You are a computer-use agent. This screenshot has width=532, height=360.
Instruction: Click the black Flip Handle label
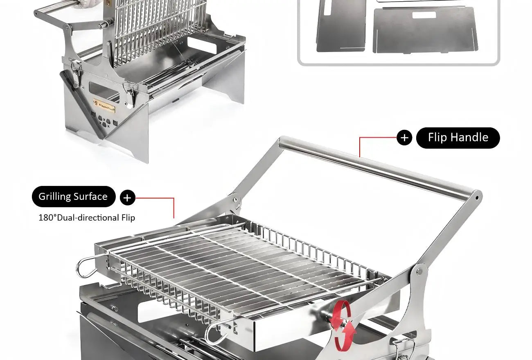(x=458, y=138)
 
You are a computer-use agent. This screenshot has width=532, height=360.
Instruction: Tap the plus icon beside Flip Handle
(x=404, y=138)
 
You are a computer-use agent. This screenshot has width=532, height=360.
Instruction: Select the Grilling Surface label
(x=73, y=197)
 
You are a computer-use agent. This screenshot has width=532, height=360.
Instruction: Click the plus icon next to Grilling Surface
(x=127, y=198)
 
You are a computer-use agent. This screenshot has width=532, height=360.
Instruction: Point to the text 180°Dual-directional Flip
(x=86, y=217)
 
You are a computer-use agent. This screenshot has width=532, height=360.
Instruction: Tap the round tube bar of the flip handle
(x=376, y=168)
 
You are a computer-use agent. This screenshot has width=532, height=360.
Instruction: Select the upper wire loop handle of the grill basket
(x=87, y=267)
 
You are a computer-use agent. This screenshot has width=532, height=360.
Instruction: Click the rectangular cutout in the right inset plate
(x=424, y=15)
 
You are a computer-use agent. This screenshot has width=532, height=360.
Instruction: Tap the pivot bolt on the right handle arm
(x=419, y=271)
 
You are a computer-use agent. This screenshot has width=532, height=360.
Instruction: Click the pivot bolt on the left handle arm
(x=235, y=200)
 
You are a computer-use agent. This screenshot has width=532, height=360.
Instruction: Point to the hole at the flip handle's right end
(x=476, y=197)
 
